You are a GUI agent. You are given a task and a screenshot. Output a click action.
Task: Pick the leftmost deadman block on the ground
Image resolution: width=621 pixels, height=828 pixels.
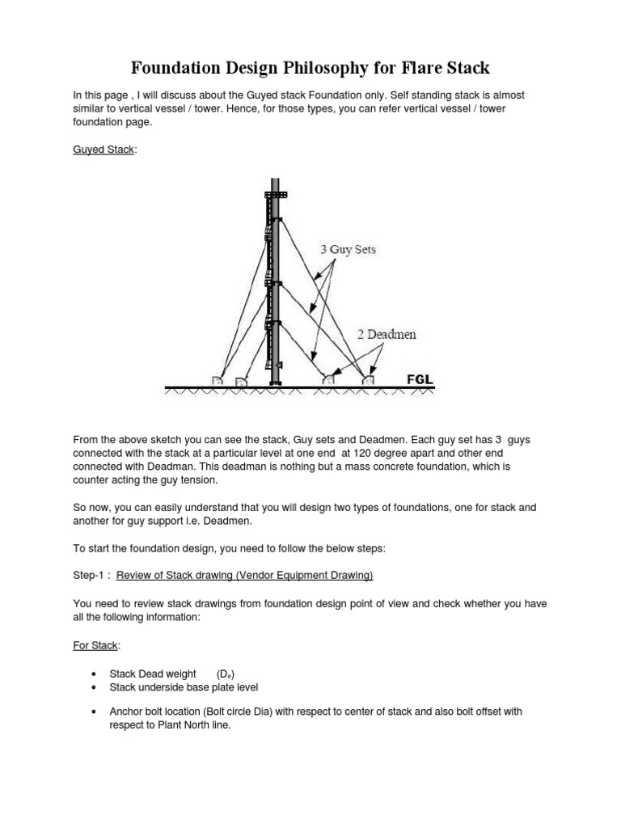218,379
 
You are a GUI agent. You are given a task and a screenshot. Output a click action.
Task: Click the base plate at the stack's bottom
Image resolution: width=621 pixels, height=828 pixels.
276,382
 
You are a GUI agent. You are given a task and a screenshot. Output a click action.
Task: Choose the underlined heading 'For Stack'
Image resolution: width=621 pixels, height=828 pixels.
95,647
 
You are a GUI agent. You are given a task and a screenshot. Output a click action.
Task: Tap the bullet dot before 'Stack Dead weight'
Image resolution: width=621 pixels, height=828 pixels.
95,674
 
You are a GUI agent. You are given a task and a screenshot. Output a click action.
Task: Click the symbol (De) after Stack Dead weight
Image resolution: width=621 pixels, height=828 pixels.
226,674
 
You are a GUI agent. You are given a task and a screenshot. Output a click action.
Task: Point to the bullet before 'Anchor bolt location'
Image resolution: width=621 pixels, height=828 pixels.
95,712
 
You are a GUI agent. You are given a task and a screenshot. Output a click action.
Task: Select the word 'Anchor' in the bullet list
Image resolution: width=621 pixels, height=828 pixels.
128,712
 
